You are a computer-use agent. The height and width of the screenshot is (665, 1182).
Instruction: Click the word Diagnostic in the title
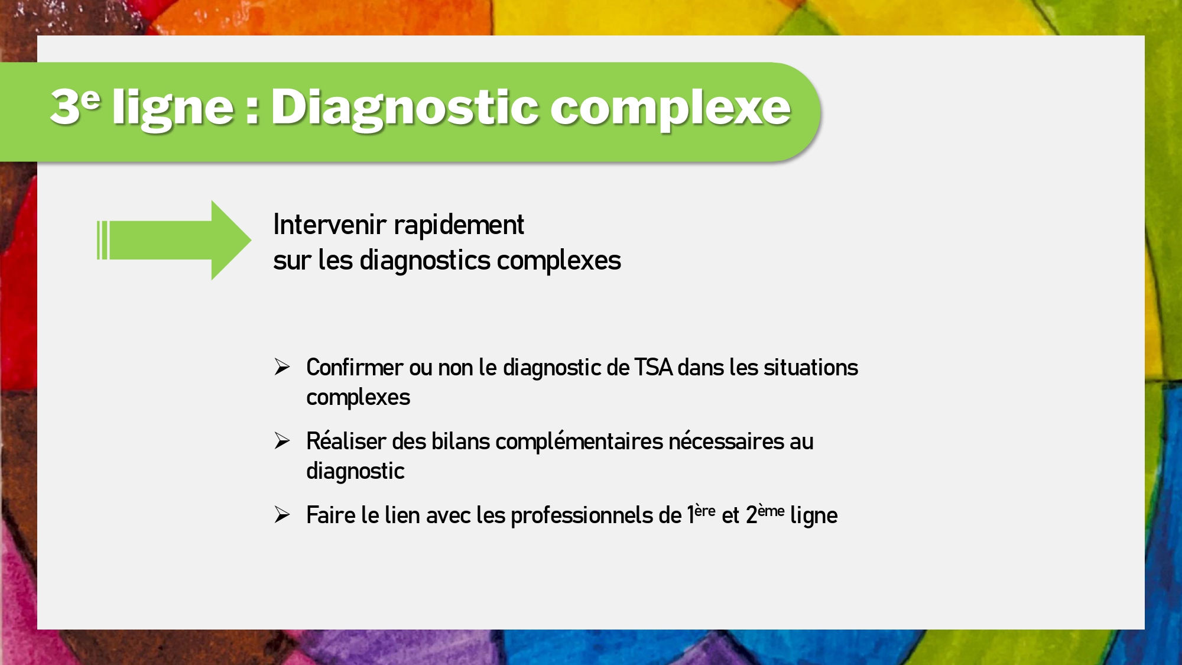404,109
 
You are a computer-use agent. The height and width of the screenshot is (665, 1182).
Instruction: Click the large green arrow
174,240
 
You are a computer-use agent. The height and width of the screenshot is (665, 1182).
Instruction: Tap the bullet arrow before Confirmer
282,367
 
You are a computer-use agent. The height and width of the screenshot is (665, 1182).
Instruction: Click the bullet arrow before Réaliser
282,441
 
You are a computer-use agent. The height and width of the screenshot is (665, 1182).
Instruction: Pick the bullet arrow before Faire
282,515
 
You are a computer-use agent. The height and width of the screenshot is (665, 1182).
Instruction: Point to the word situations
811,368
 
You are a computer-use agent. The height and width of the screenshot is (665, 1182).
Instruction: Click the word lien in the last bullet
402,515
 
